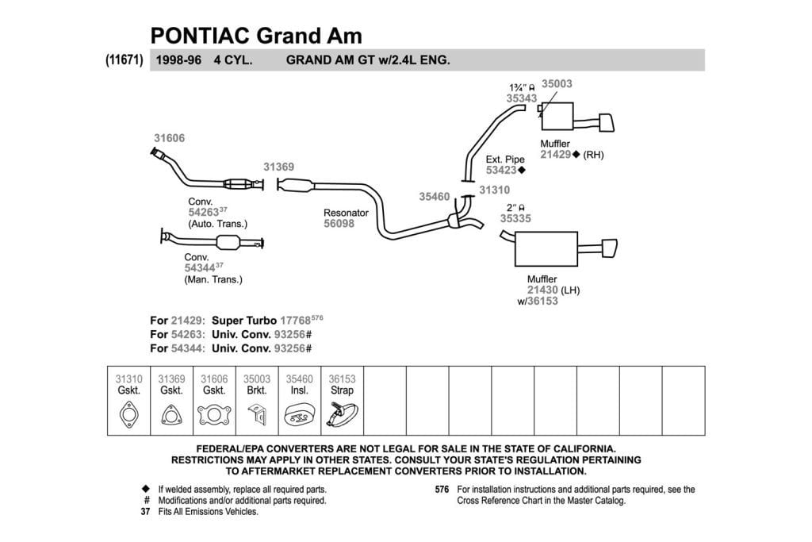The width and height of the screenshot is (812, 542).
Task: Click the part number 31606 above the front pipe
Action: [170, 138]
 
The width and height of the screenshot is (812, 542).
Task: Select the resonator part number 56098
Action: [339, 224]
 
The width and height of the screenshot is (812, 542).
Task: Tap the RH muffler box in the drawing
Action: [557, 116]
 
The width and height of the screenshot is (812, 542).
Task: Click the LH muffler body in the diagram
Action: [546, 249]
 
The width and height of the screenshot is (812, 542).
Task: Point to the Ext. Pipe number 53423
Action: [501, 170]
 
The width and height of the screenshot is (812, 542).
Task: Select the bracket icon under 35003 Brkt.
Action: [257, 415]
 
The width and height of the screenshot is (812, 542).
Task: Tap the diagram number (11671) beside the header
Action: [124, 60]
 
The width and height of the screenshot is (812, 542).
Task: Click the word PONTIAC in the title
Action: [201, 36]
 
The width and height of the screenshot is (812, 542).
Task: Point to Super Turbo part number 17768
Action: [295, 321]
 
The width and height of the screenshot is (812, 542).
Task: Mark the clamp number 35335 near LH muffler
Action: [515, 219]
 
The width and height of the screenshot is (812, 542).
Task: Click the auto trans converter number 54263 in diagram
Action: [204, 213]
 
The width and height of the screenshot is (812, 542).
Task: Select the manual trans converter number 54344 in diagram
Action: [200, 268]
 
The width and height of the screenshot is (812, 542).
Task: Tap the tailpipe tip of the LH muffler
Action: [610, 248]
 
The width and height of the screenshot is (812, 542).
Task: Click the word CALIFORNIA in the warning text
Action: [578, 449]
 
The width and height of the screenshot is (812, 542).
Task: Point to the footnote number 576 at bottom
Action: [442, 490]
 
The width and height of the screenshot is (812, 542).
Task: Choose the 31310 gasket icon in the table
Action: [129, 415]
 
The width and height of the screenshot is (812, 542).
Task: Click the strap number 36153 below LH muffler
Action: [542, 301]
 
